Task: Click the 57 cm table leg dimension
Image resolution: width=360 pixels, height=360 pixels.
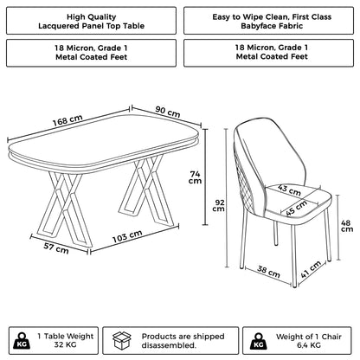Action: pyautogui.click(x=55, y=249)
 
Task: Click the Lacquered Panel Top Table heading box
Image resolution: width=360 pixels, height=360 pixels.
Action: pyautogui.click(x=90, y=22)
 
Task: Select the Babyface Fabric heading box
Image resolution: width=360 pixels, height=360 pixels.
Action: pyautogui.click(x=269, y=22)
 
